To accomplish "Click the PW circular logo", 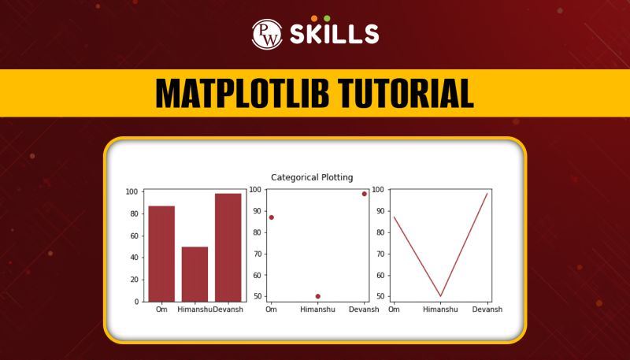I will pos(267,34).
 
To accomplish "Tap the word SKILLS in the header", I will pos(334,35).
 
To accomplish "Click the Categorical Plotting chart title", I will pos(312,177).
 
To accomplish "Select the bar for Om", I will pos(161,253).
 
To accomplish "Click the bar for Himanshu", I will pos(195,273).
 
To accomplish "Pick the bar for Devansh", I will pos(228,247).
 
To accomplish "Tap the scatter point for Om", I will pos(272,217).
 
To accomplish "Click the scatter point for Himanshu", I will pos(318,296).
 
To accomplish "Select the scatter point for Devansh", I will pos(365,194).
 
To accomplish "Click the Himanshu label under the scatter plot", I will pos(318,310).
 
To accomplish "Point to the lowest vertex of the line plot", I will pos(441,296).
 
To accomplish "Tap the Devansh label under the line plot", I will pos(487,310).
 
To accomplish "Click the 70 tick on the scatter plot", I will pos(258,254).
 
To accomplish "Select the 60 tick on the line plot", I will pos(380,275).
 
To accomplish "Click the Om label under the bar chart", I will pos(161,310).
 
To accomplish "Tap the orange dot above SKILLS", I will pos(314,18).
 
